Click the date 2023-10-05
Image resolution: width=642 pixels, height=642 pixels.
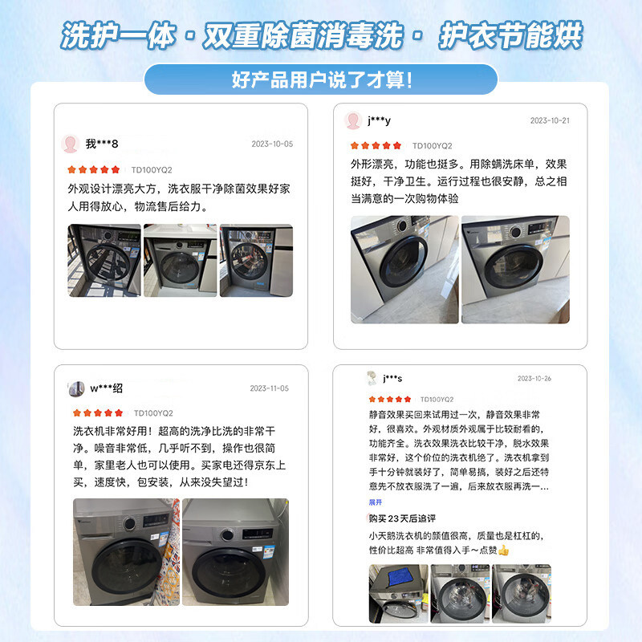click(272, 144)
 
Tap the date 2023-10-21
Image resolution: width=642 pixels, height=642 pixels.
click(550, 121)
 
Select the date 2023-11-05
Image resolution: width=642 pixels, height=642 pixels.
click(269, 388)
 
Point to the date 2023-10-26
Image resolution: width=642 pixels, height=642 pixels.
click(534, 379)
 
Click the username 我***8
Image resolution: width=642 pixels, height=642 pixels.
click(102, 144)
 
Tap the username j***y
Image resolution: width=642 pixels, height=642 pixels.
click(379, 121)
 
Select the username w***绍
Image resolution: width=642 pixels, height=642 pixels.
click(106, 388)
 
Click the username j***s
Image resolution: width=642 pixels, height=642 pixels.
click(392, 379)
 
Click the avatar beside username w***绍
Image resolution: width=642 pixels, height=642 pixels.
click(76, 388)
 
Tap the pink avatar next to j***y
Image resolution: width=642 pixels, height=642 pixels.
click(352, 121)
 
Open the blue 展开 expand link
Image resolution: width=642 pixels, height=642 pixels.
click(376, 502)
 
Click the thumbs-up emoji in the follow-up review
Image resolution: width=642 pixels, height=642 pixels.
click(503, 551)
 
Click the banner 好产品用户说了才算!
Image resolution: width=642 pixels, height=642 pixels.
click(321, 79)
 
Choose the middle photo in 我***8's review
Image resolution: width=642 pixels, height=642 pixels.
click(180, 261)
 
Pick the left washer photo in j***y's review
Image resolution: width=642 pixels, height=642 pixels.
click(404, 269)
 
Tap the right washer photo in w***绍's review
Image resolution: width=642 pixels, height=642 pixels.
click(235, 552)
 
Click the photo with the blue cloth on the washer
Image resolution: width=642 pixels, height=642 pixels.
click(398, 594)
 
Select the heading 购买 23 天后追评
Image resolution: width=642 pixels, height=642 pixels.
click(407, 518)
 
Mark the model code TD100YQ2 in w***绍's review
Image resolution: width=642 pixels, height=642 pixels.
click(153, 412)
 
